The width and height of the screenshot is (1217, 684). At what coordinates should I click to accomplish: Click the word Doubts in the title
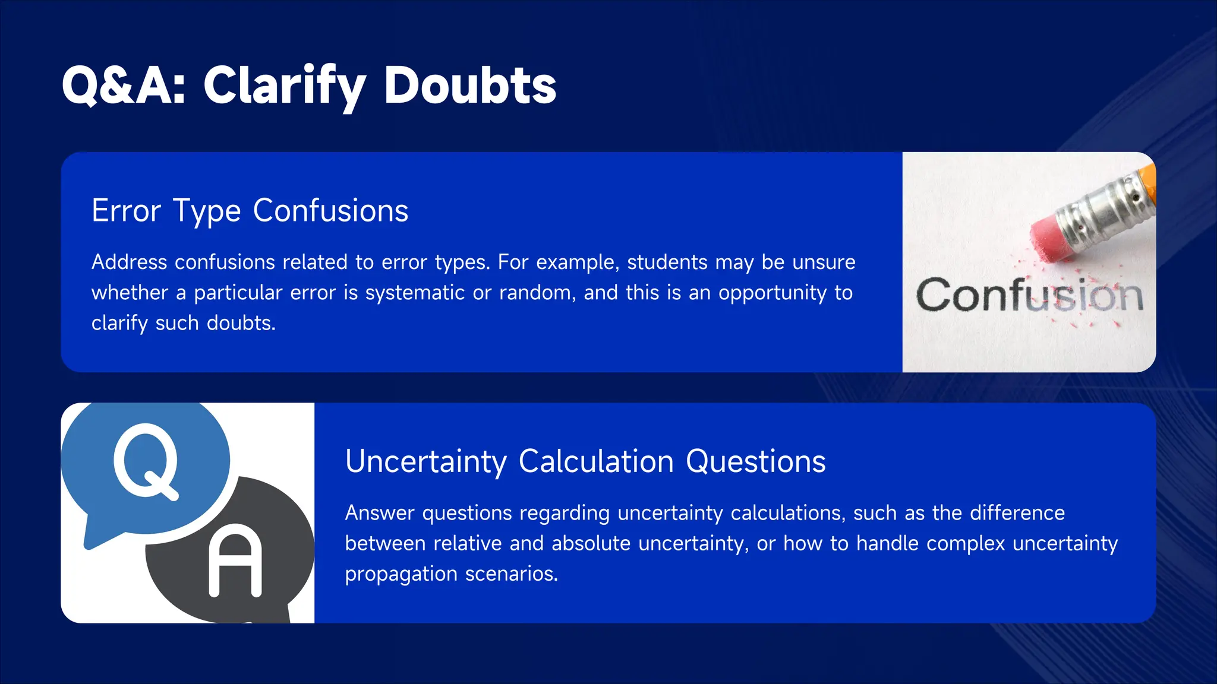[469, 86]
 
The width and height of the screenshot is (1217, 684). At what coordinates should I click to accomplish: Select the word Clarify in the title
[284, 86]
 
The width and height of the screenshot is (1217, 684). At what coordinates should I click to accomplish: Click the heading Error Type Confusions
[250, 211]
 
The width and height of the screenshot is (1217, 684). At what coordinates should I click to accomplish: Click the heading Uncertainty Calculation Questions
[585, 461]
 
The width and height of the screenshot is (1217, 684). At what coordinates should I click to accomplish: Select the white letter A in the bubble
[235, 561]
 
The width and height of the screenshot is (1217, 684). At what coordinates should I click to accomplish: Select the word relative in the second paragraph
[467, 544]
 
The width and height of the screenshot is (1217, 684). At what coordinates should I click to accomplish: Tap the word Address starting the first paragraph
[129, 262]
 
